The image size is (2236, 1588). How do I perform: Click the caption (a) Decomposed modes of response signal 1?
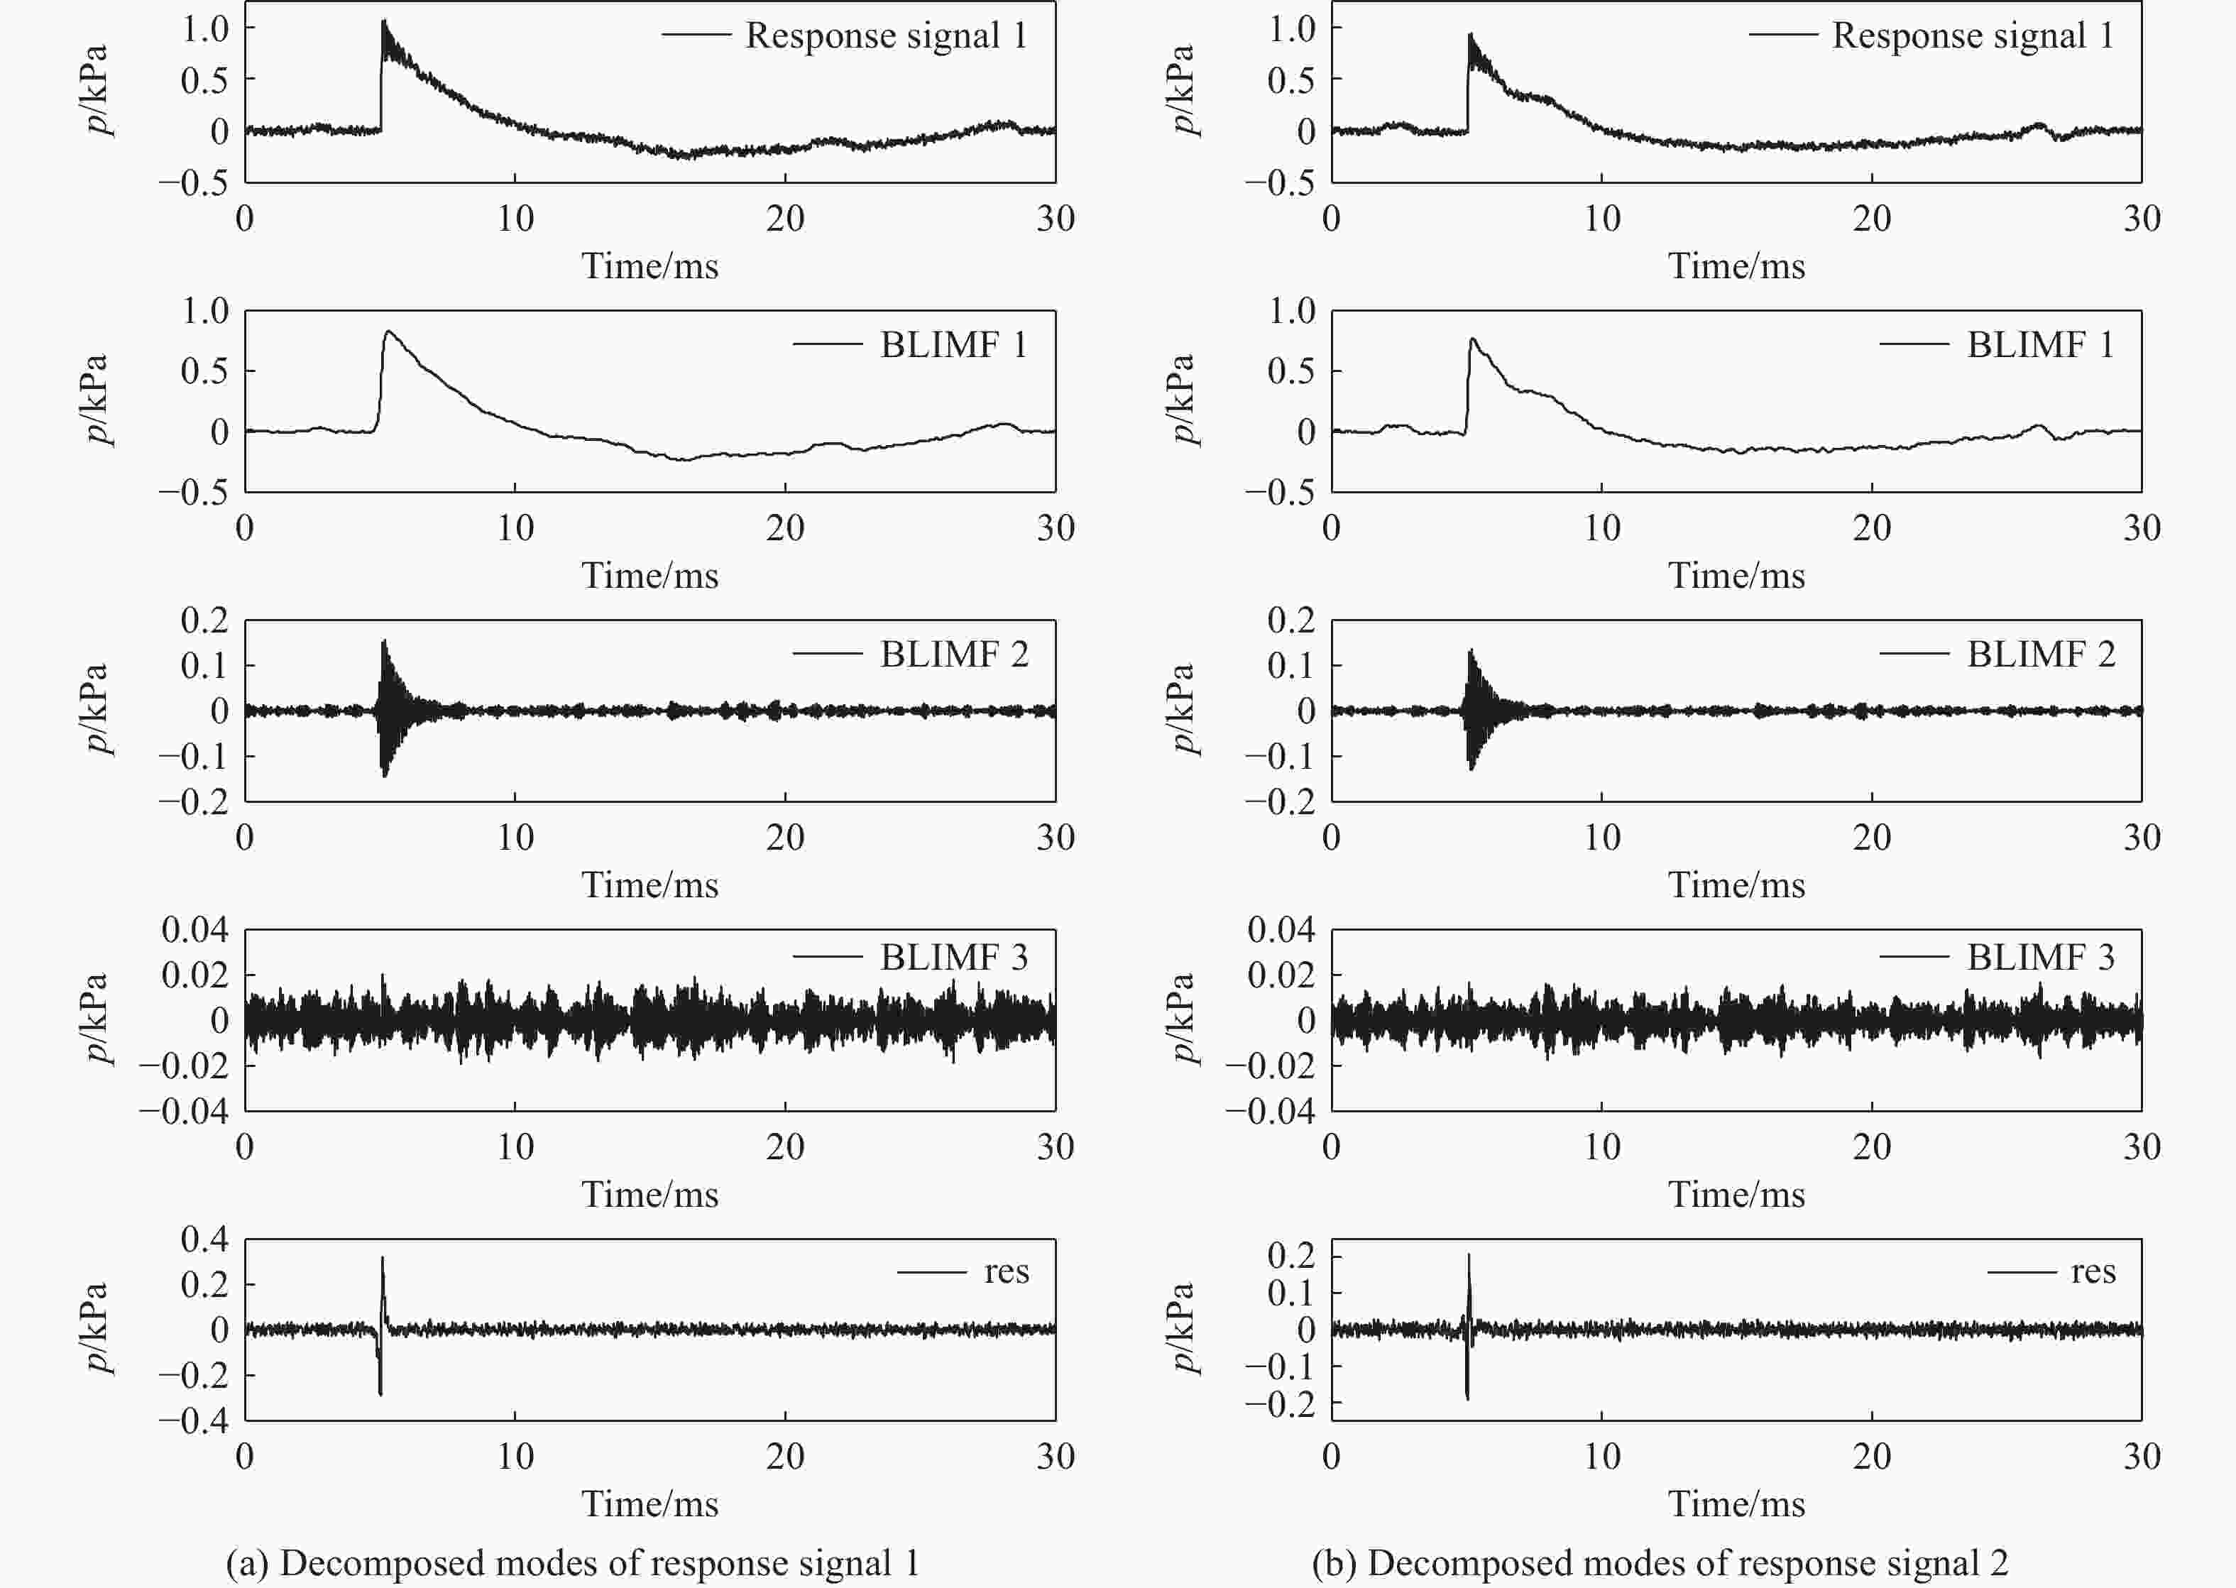tap(573, 1562)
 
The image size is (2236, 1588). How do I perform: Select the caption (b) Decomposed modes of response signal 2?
tap(1660, 1562)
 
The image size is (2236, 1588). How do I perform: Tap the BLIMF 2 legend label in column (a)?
tap(953, 653)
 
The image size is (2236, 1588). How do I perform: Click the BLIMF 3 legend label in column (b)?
tap(2041, 956)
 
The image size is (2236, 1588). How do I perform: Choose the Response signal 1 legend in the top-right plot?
tap(1972, 35)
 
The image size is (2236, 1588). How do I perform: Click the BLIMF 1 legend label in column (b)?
tap(2041, 344)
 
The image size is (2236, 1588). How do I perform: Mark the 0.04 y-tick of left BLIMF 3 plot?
tap(194, 929)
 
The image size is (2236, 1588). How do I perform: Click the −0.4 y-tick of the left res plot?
tap(194, 1420)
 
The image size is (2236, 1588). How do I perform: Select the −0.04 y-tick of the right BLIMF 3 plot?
tap(1270, 1111)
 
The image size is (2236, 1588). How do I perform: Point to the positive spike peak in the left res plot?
tap(383, 1259)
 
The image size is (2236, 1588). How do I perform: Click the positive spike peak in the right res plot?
tap(1469, 1256)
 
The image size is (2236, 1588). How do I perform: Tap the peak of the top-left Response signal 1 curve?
tap(383, 21)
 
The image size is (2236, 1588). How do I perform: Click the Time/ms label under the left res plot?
tap(650, 1503)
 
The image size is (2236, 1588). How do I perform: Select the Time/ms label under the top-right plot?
tap(1736, 266)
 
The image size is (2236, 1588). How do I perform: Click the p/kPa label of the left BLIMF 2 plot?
tap(97, 709)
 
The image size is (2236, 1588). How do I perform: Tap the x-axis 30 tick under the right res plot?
tap(2141, 1456)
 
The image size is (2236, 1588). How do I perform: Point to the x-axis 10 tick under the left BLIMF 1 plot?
tap(515, 528)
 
